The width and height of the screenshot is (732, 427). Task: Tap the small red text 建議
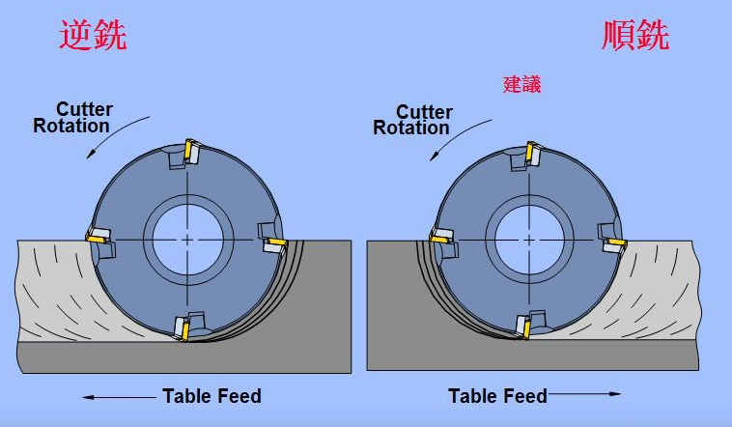[x=521, y=84]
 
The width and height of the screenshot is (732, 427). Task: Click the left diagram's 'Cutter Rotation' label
[x=72, y=117]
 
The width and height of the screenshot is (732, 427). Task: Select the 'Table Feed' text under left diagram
[x=211, y=396]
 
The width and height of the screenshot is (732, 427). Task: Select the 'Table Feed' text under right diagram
[x=497, y=396]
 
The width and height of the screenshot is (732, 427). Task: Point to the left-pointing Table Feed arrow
[x=117, y=397]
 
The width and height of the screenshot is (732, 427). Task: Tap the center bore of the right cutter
[x=530, y=239]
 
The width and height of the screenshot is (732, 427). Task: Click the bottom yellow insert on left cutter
[x=183, y=328]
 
